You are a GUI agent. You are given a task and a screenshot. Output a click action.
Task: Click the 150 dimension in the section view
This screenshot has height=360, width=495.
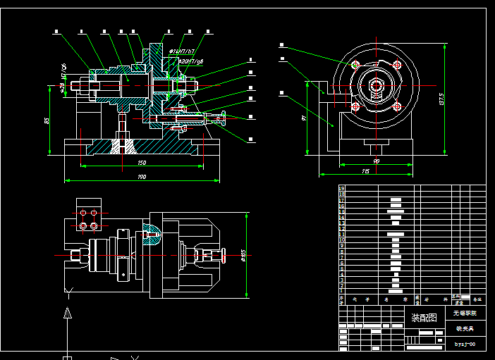[142, 163]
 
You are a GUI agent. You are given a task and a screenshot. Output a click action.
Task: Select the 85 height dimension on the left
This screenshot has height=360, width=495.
[47, 120]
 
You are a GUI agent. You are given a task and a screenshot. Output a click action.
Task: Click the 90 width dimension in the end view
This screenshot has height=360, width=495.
[376, 161]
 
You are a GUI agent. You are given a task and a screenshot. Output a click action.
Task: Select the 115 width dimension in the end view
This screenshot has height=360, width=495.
[365, 171]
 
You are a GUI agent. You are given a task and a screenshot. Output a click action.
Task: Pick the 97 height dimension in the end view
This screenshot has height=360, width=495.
[304, 118]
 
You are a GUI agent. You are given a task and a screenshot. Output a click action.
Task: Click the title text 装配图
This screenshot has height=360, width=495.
[424, 318]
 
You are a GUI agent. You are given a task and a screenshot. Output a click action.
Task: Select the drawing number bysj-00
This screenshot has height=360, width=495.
[465, 345]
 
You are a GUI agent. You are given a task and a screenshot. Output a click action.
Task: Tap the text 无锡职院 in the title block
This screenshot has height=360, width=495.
[465, 312]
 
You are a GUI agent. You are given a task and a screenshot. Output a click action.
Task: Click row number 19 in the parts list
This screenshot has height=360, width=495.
[342, 189]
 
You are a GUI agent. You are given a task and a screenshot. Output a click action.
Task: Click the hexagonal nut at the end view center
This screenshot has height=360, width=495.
[376, 87]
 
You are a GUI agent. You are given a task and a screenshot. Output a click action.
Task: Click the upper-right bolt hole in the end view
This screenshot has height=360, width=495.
[398, 65]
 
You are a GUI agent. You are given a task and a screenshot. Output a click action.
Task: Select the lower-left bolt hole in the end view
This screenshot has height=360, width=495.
[356, 108]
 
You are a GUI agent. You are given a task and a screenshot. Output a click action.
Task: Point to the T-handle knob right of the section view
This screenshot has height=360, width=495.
[223, 117]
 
